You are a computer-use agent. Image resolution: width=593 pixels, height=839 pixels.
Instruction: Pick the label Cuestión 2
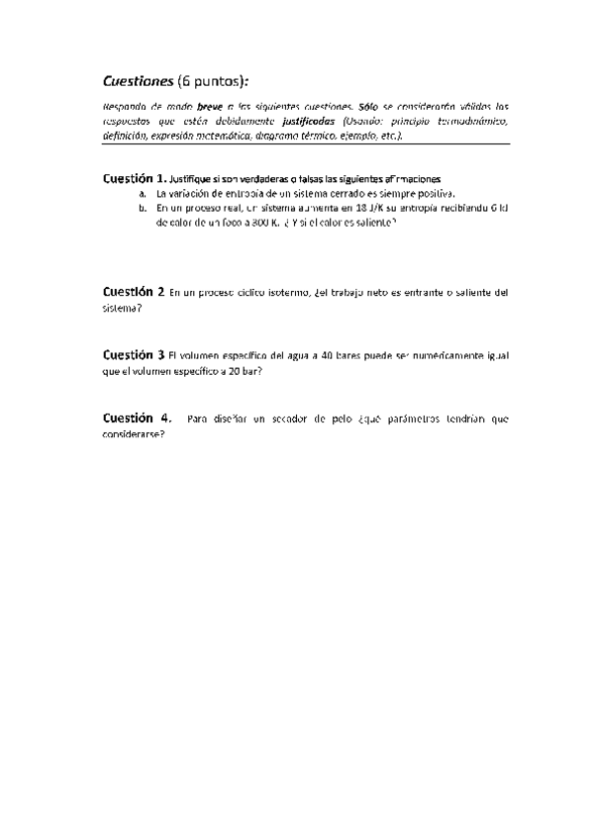coord(133,293)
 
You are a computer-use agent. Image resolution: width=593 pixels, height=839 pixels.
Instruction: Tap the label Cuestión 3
coord(133,354)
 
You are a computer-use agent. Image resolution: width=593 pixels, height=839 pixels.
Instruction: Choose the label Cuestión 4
coord(136,419)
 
